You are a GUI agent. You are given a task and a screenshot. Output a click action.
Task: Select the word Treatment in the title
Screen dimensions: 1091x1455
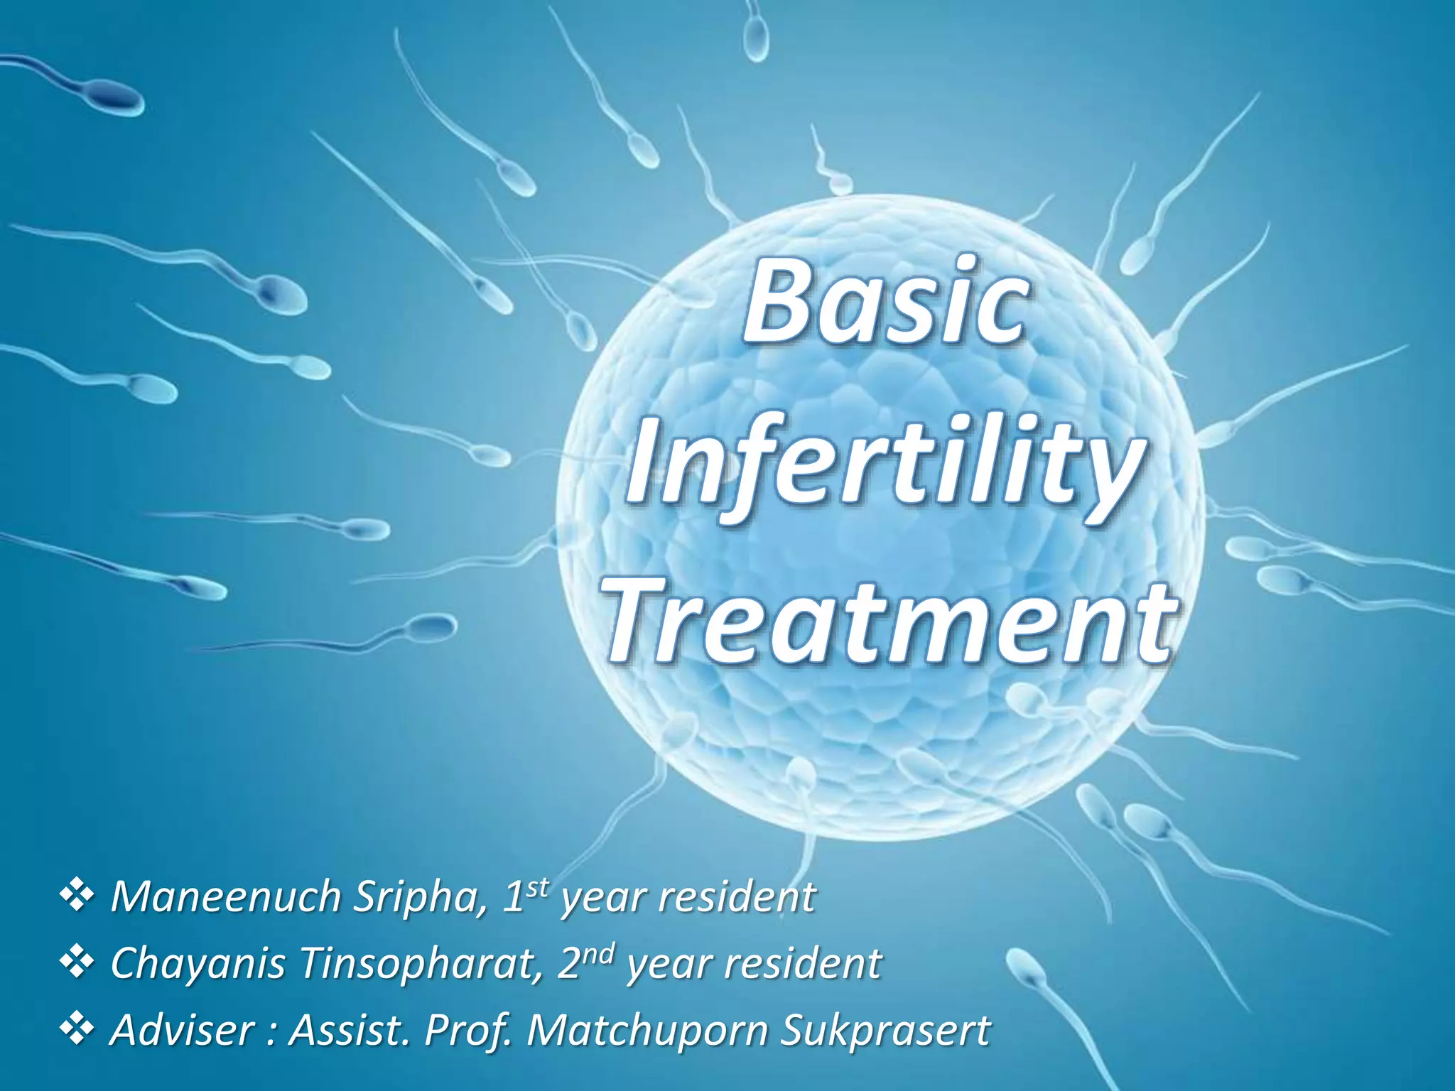click(x=888, y=619)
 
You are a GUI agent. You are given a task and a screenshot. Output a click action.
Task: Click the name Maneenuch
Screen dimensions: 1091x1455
click(x=226, y=897)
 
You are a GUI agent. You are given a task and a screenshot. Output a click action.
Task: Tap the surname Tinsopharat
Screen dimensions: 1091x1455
click(x=420, y=964)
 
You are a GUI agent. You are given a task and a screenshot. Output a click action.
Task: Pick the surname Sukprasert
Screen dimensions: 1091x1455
click(x=885, y=1029)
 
